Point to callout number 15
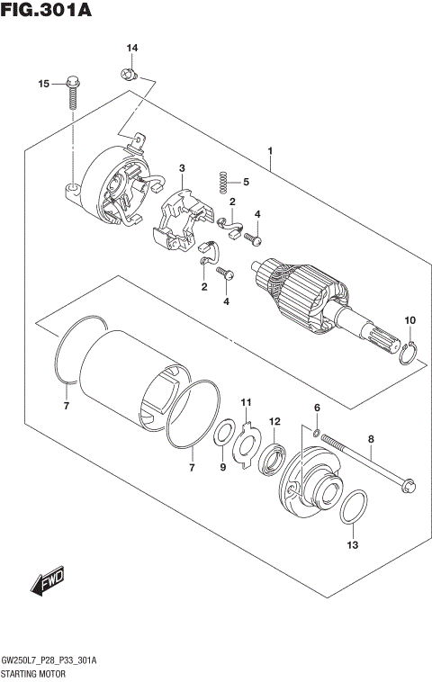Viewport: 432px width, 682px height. (x=42, y=84)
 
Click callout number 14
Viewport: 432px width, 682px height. (x=131, y=48)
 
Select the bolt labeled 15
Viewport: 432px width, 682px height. (x=72, y=95)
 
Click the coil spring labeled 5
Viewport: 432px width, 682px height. (x=218, y=182)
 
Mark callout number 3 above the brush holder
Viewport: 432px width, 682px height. (x=182, y=168)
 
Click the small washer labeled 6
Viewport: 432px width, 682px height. (x=317, y=435)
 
